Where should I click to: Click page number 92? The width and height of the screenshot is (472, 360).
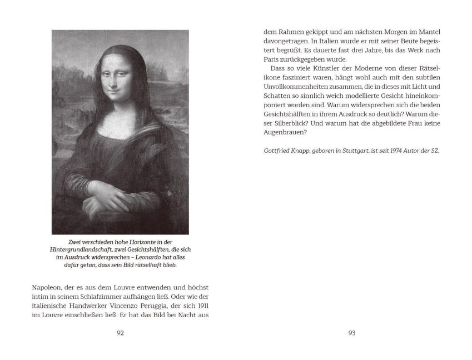coord(120,333)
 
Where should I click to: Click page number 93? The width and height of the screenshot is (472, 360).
coord(351,333)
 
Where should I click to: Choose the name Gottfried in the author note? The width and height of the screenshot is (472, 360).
coord(280,151)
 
